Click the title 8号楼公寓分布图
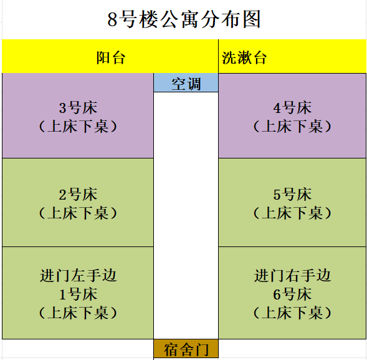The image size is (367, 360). pyautogui.click(x=184, y=19)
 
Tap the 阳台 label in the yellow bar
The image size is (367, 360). pyautogui.click(x=111, y=57)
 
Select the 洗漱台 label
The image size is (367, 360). pyautogui.click(x=244, y=57)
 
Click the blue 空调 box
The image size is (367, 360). pyautogui.click(x=186, y=82)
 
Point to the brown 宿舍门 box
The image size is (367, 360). pyautogui.click(x=186, y=349)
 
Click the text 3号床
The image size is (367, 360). pyautogui.click(x=78, y=108)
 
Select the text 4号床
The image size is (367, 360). pyautogui.click(x=292, y=108)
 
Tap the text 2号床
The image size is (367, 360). pyautogui.click(x=78, y=195)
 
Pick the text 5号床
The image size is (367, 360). pyautogui.click(x=292, y=195)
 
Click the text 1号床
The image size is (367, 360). pyautogui.click(x=78, y=294)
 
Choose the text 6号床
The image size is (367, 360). pyautogui.click(x=292, y=294)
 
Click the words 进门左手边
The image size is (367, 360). pyautogui.click(x=78, y=275)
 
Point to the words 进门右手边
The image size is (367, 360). pyautogui.click(x=292, y=275)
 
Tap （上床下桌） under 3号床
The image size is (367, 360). pyautogui.click(x=78, y=127)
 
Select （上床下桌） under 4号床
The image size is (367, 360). pyautogui.click(x=292, y=127)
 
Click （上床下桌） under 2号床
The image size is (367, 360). pyautogui.click(x=78, y=213)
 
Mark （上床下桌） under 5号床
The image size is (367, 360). pyautogui.click(x=292, y=213)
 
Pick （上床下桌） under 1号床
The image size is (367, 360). pyautogui.click(x=78, y=313)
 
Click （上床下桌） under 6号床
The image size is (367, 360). pyautogui.click(x=292, y=313)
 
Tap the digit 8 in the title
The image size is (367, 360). pyautogui.click(x=112, y=20)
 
